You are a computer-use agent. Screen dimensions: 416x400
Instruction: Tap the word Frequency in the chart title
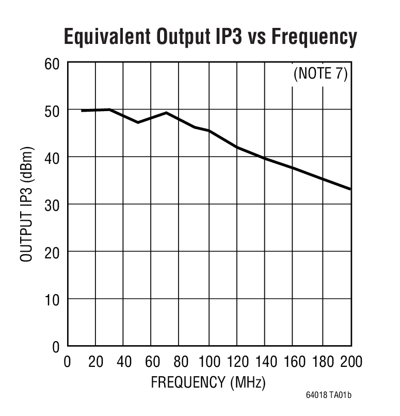(x=314, y=37)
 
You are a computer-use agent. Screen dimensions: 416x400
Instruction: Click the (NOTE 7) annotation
(x=321, y=74)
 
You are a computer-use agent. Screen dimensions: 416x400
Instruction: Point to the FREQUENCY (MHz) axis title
(x=208, y=383)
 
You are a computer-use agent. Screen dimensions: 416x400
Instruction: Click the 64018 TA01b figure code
(x=328, y=396)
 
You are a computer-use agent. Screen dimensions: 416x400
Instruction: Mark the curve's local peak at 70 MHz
(x=166, y=113)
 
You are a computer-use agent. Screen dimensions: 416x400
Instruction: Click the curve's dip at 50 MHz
(x=138, y=122)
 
